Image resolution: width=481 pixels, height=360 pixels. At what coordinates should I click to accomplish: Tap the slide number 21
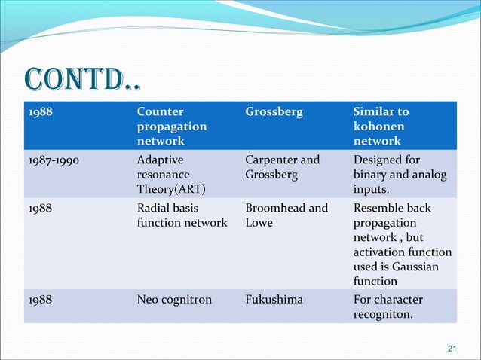[452, 348]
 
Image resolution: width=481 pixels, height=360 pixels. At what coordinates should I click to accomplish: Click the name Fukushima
[274, 299]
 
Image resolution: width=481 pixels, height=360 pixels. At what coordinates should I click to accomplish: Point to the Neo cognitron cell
[174, 299]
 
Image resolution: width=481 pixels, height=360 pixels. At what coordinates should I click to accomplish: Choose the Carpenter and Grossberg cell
[283, 167]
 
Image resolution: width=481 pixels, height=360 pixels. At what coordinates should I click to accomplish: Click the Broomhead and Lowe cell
[286, 215]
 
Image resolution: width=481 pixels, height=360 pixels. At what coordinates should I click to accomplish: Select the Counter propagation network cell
[172, 127]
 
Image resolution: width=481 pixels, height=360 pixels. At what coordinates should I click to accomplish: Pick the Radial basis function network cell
[182, 215]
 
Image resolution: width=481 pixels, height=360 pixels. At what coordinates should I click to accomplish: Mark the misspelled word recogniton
[383, 314]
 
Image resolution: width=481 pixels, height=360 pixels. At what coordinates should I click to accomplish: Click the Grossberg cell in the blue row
[274, 111]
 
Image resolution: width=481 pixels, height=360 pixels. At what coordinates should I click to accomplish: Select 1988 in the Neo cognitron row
[41, 299]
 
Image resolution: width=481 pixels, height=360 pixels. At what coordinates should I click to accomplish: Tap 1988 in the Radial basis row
[41, 208]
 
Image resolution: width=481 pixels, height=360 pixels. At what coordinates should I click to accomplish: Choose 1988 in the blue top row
[41, 111]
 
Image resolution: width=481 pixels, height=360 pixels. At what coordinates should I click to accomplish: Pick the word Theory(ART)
[170, 190]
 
